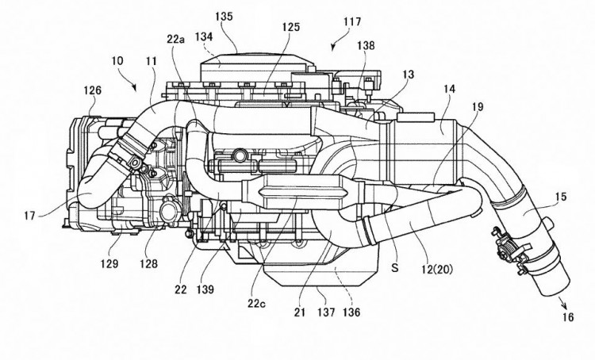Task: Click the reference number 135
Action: click(224, 17)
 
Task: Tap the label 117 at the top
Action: click(352, 21)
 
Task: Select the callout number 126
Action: click(93, 90)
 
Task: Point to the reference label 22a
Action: click(175, 39)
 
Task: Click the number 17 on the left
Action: click(29, 216)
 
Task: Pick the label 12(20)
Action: click(437, 270)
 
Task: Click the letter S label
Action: click(395, 268)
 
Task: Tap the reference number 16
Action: click(568, 317)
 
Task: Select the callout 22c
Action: click(258, 303)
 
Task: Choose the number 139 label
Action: click(205, 289)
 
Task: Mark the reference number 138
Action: click(366, 45)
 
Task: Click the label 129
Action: click(109, 263)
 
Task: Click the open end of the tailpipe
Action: click(554, 288)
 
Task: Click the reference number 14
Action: click(449, 89)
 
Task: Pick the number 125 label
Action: click(290, 26)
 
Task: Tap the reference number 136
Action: click(351, 312)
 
